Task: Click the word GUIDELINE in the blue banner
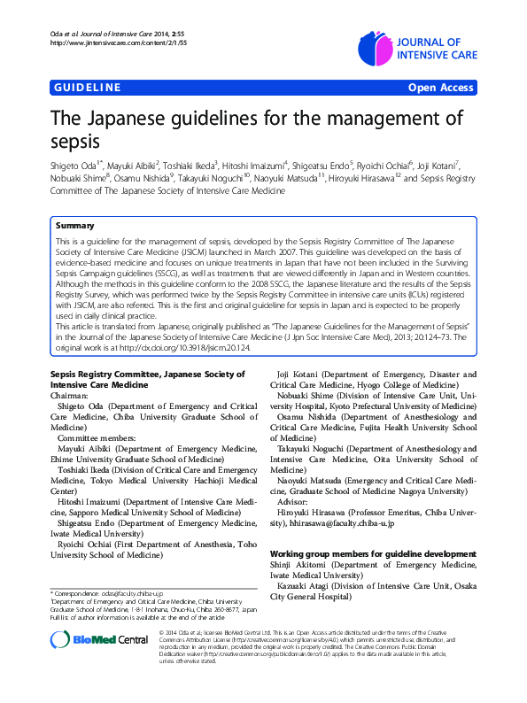point(87,88)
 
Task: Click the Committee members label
point(97,438)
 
